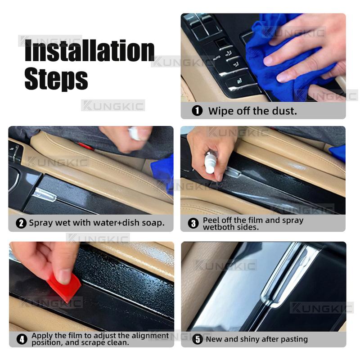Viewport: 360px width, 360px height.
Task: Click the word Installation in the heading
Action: coord(89,51)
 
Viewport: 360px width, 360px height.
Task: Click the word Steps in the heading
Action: coord(56,79)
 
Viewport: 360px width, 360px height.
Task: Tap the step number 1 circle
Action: coord(197,111)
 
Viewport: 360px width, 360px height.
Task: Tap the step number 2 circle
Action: coord(21,223)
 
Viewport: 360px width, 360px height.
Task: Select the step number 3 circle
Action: coord(193,223)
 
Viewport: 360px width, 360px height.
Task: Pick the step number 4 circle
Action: coord(22,339)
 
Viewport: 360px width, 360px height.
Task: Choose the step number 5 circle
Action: coord(197,339)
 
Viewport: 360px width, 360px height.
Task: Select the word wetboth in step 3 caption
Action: coord(218,227)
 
